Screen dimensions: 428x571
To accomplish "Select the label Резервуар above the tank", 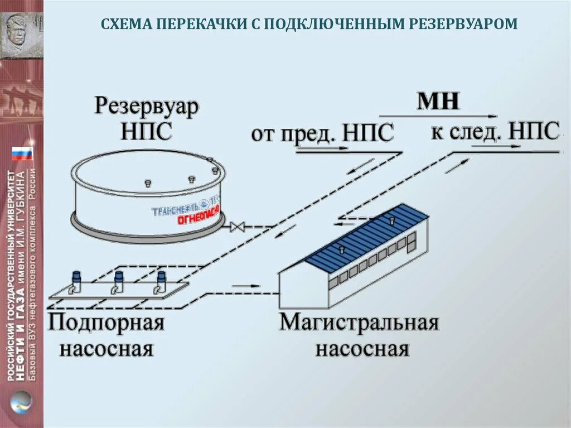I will pyautogui.click(x=147, y=106).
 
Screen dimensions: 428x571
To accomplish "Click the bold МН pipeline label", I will pyautogui.click(x=439, y=101).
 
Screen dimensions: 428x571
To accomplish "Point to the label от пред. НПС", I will pyautogui.click(x=322, y=134).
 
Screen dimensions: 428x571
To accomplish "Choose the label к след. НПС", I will pyautogui.click(x=495, y=132).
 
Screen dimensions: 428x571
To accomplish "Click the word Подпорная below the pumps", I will pyautogui.click(x=106, y=323).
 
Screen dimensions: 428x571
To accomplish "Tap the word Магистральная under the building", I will pyautogui.click(x=359, y=323).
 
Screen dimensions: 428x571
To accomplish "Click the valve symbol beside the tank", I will pyautogui.click(x=238, y=227).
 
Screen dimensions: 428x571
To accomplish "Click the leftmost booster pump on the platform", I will pyautogui.click(x=76, y=281).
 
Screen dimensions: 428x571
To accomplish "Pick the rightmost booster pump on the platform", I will pyautogui.click(x=161, y=281).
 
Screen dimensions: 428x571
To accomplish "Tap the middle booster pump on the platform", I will pyautogui.click(x=118, y=281).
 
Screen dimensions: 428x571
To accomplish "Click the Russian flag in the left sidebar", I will pyautogui.click(x=22, y=153).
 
